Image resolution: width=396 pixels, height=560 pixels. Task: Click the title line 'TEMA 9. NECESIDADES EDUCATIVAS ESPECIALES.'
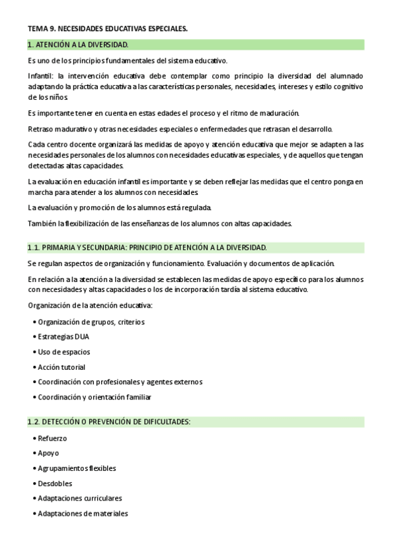(108, 28)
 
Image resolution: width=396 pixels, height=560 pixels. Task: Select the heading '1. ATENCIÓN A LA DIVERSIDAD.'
(78, 45)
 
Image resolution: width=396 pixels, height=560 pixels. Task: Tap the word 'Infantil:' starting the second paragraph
(41, 77)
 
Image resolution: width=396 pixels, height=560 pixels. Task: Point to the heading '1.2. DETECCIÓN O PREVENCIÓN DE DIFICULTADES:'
(109, 422)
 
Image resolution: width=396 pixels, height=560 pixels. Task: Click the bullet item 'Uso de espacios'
(64, 352)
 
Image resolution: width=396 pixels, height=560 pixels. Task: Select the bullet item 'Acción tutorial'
(61, 367)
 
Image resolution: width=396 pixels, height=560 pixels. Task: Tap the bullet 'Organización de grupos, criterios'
(91, 322)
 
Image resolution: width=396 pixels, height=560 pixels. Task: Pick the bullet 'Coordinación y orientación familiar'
(95, 398)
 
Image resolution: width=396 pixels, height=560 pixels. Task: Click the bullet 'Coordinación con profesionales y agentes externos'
(120, 382)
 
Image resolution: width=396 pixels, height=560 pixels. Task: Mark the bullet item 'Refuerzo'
(52, 438)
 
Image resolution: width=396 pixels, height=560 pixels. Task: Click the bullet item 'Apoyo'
(48, 454)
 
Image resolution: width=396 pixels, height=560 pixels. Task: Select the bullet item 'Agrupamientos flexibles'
(77, 468)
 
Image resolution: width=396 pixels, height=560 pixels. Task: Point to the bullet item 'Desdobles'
(55, 483)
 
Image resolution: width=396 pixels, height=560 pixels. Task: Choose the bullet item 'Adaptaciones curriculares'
(80, 499)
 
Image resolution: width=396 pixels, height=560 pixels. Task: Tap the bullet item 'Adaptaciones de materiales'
(83, 514)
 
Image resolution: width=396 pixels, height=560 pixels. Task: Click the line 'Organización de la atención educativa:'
(90, 305)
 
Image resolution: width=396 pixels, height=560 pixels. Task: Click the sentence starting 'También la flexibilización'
(159, 224)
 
